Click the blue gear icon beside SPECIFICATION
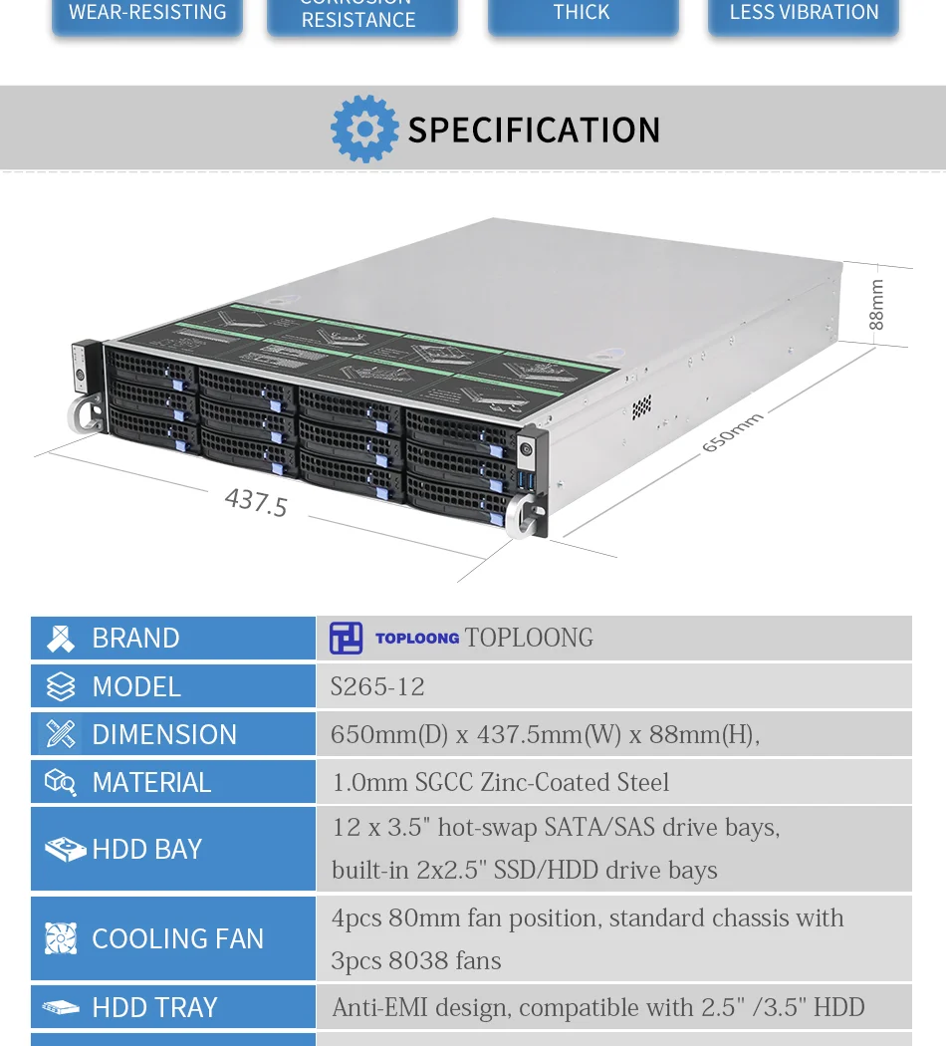[x=364, y=130]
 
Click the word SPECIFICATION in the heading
[x=534, y=131]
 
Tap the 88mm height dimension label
[x=876, y=304]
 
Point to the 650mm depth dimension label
[x=732, y=432]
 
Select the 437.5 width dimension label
[x=256, y=501]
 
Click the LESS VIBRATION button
[x=804, y=14]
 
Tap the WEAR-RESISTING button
[x=147, y=14]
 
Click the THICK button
[x=582, y=14]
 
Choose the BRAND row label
[x=135, y=638]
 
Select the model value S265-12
[x=377, y=686]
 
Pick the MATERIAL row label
[x=151, y=782]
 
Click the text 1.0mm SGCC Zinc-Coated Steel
[x=500, y=782]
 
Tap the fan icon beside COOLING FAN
[x=61, y=938]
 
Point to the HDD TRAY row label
[x=154, y=1007]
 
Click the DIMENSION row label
[x=164, y=734]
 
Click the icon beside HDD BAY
[x=64, y=849]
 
